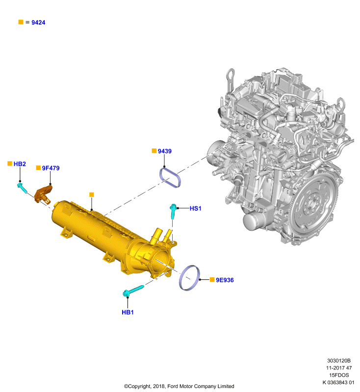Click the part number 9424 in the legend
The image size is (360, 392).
pyautogui.click(x=38, y=23)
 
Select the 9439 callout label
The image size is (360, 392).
pyautogui.click(x=165, y=151)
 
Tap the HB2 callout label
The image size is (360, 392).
pyautogui.click(x=20, y=164)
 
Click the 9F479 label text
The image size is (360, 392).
pyautogui.click(x=51, y=168)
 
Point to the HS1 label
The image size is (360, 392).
pyautogui.click(x=195, y=208)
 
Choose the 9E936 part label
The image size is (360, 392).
pyautogui.click(x=225, y=280)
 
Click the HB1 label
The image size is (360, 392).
pyautogui.click(x=128, y=312)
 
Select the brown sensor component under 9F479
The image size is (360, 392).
pyautogui.click(x=43, y=194)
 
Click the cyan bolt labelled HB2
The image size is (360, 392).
pyautogui.click(x=22, y=188)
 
